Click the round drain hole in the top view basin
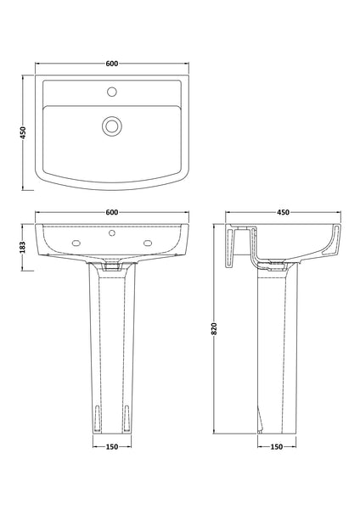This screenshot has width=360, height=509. (111, 126)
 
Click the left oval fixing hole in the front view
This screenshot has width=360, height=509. (77, 245)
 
